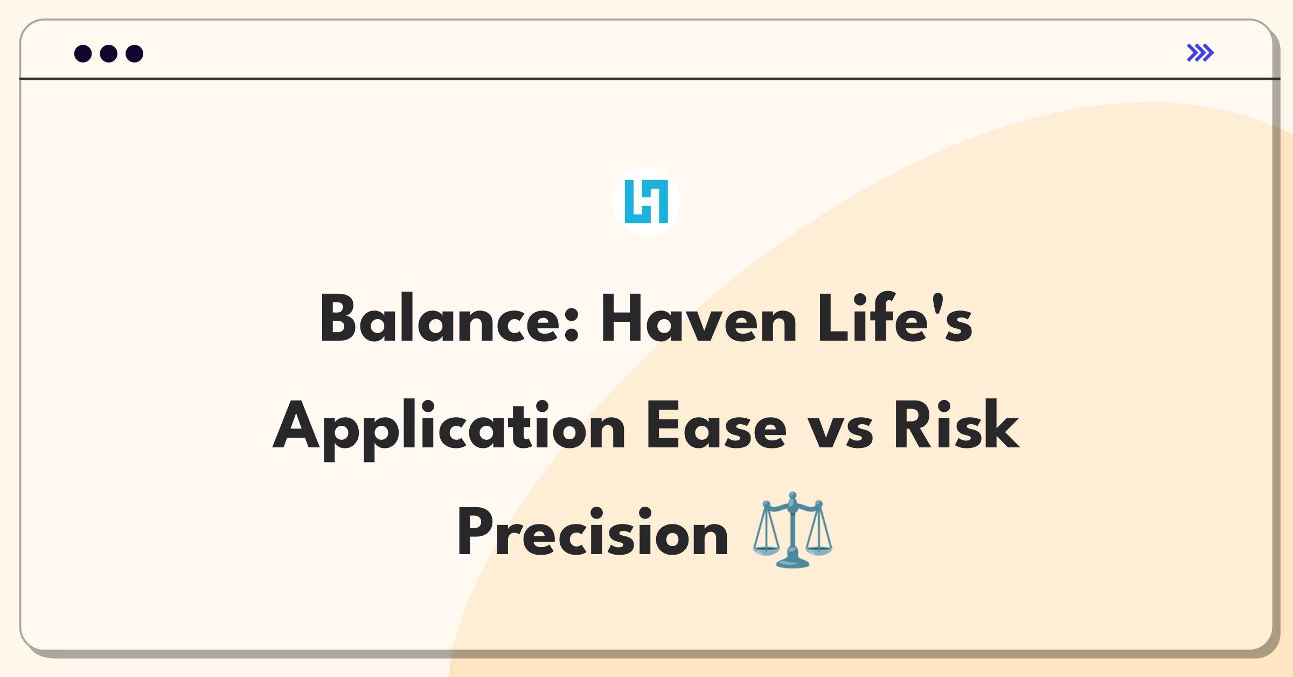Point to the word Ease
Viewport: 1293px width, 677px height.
(716, 426)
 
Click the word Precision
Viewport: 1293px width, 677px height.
(593, 533)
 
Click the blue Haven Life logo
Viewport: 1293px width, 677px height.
(646, 202)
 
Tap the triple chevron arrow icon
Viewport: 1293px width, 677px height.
(1200, 53)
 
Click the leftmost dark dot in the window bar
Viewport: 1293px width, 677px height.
(83, 53)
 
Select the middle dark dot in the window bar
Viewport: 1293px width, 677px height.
(109, 53)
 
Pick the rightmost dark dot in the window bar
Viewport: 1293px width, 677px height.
(134, 53)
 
